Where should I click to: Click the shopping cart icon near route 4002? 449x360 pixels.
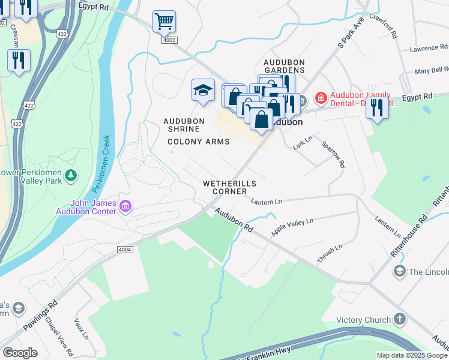tap(164, 22)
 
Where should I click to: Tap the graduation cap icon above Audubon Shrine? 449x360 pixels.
tap(203, 91)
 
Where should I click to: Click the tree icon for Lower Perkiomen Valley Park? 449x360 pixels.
tap(71, 175)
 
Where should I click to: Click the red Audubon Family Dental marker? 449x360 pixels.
tap(321, 97)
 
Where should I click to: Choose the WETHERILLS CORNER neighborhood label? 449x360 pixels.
tap(229, 187)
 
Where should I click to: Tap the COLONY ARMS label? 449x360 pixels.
tap(198, 142)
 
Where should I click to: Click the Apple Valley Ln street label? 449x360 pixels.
tap(292, 227)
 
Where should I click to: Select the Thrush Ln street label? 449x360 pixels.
tap(330, 254)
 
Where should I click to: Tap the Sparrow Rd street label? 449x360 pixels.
tap(334, 154)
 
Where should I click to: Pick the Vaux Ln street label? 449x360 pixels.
tap(81, 329)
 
